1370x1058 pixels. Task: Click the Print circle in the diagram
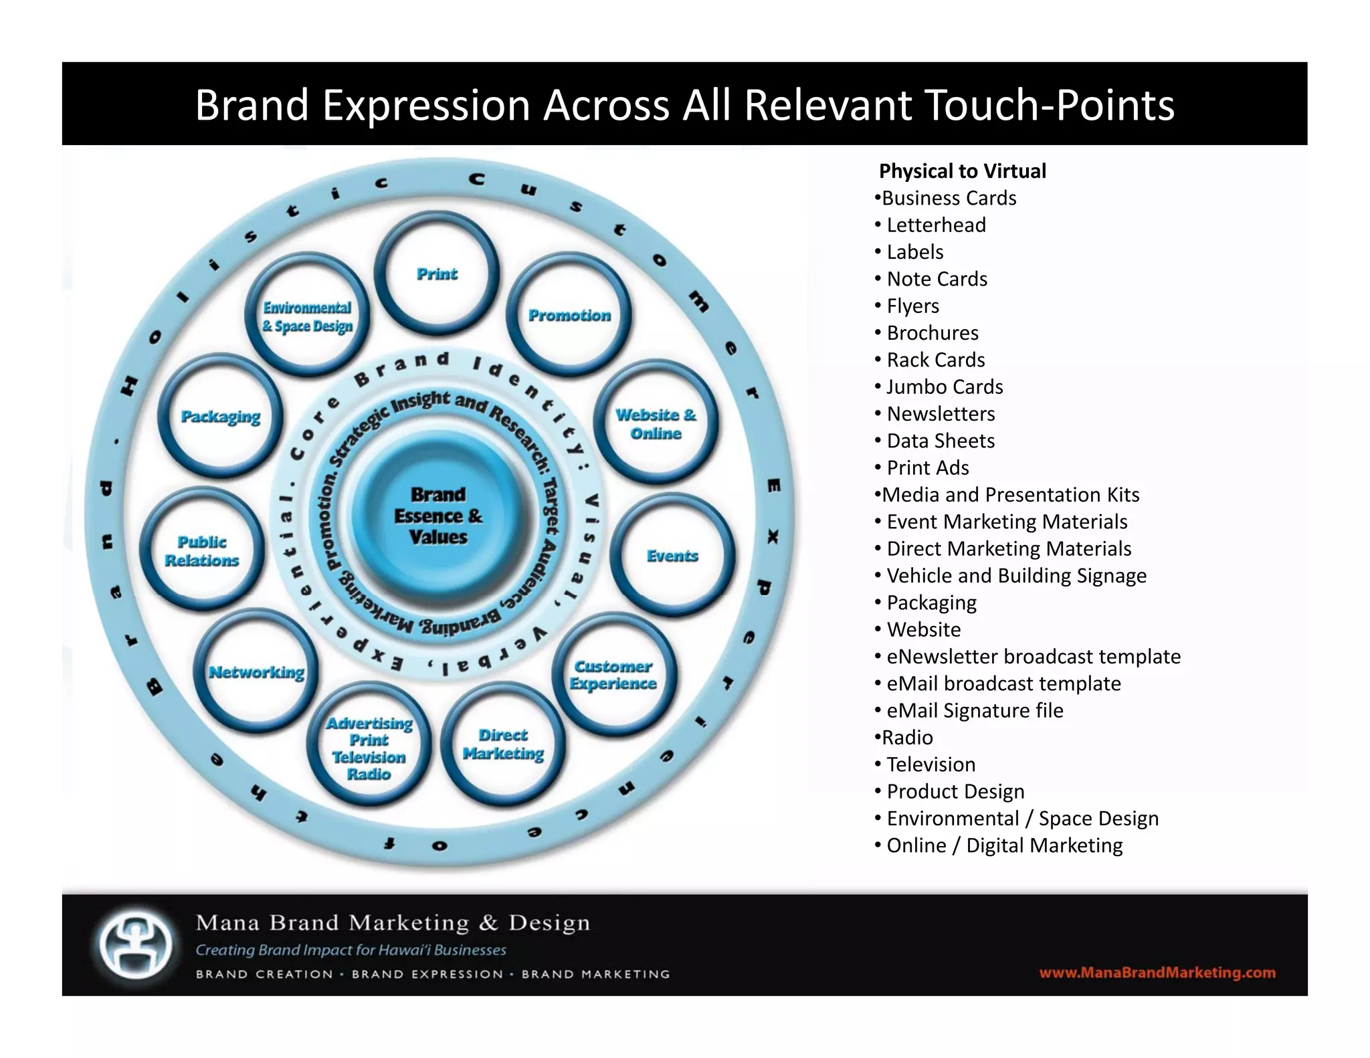pos(437,274)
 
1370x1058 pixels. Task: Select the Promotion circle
pos(569,315)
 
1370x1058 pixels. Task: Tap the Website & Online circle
pos(656,423)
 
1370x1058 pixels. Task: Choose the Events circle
pos(672,556)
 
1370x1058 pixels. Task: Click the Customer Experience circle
pos(613,675)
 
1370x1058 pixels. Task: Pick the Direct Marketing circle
pos(503,744)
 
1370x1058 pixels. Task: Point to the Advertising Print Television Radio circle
pos(369,748)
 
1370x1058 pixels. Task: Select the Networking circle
pos(256,672)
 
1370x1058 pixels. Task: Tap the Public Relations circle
pos(202,550)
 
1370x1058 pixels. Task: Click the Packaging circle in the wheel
pos(221,416)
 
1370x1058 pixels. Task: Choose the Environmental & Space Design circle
pos(307,316)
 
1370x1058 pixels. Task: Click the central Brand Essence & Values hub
pos(438,516)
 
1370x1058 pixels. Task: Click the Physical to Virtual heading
pos(962,171)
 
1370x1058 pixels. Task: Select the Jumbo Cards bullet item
pos(945,387)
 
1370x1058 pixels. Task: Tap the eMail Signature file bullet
pos(975,710)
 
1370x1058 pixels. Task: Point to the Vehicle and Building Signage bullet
pos(1016,575)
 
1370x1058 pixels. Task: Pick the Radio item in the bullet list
pos(907,737)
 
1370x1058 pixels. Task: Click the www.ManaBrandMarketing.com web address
pos(1157,972)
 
